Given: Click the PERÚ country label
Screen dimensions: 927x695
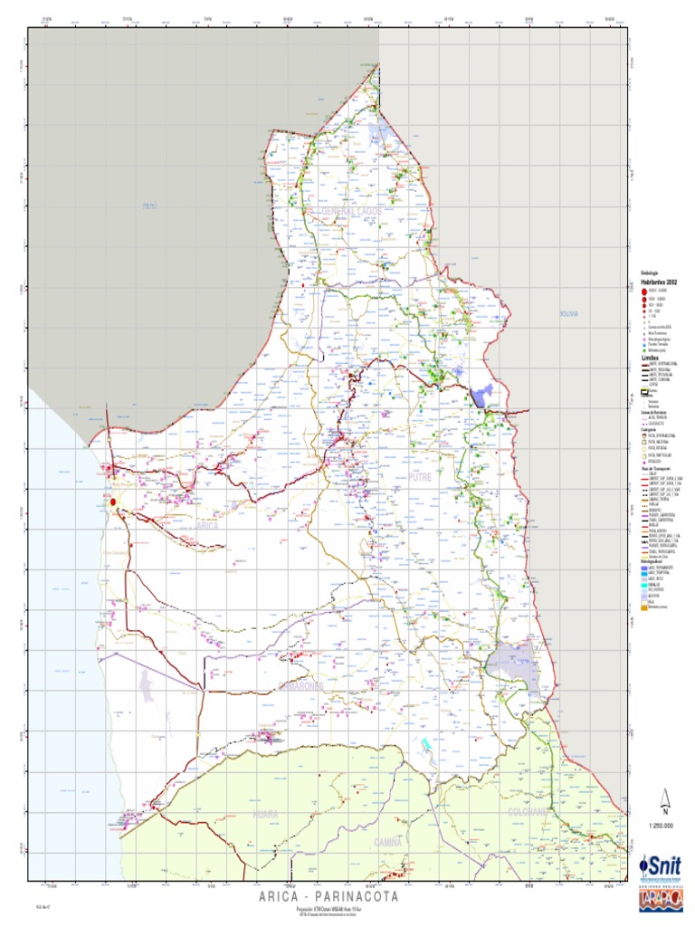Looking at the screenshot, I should pyautogui.click(x=149, y=206).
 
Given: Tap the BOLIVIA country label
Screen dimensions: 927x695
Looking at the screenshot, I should pyautogui.click(x=569, y=314).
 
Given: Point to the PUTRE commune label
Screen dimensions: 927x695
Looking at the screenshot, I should pyautogui.click(x=421, y=476).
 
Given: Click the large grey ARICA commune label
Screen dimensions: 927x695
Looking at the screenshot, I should pyautogui.click(x=207, y=526).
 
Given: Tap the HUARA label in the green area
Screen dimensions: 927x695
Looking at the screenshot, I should pyautogui.click(x=265, y=815).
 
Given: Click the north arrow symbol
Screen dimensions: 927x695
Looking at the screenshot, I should pyautogui.click(x=666, y=800).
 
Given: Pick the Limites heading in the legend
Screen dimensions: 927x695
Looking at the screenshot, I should pyautogui.click(x=651, y=358).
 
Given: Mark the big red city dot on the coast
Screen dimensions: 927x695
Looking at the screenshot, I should pyautogui.click(x=113, y=501).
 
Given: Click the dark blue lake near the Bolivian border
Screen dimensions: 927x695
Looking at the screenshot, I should pyautogui.click(x=482, y=395).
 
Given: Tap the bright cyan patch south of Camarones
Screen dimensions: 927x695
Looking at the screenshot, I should pyautogui.click(x=424, y=743).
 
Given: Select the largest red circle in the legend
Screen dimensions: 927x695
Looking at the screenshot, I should pyautogui.click(x=644, y=292).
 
